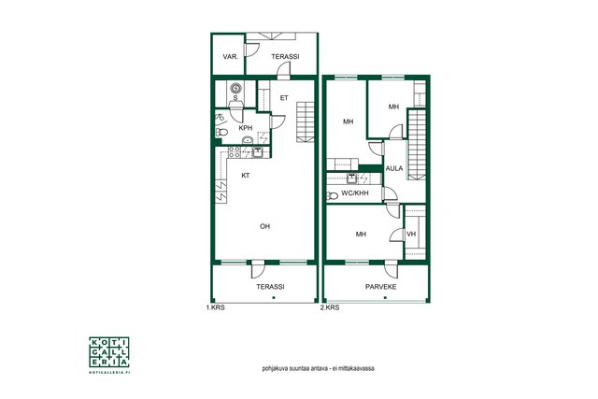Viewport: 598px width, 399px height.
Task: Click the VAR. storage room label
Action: (x=231, y=57)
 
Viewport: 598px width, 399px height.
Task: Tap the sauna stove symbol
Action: (x=235, y=89)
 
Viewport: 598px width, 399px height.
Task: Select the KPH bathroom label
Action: (x=245, y=128)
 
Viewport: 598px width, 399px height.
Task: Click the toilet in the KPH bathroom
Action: (x=221, y=133)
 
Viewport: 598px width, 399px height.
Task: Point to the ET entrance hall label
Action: (x=284, y=98)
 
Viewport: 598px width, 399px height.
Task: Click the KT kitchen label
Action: (x=246, y=176)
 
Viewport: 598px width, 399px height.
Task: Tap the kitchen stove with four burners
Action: (x=235, y=151)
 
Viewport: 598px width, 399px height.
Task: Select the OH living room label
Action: (x=264, y=226)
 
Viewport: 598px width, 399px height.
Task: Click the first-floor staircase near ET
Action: (x=306, y=121)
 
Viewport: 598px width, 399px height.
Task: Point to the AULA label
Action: (x=394, y=168)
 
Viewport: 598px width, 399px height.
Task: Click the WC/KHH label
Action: (x=355, y=193)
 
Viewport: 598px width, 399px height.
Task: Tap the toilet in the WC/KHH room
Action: (x=333, y=196)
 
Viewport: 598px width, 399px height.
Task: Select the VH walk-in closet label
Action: (x=411, y=235)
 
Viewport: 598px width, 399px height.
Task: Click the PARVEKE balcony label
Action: (x=380, y=287)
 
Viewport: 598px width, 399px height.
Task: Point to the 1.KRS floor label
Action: (x=216, y=307)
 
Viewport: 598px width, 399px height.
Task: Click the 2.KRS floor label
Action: (x=330, y=307)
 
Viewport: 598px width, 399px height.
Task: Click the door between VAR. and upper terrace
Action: (x=251, y=50)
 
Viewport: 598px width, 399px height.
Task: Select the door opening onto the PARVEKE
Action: (x=392, y=269)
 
